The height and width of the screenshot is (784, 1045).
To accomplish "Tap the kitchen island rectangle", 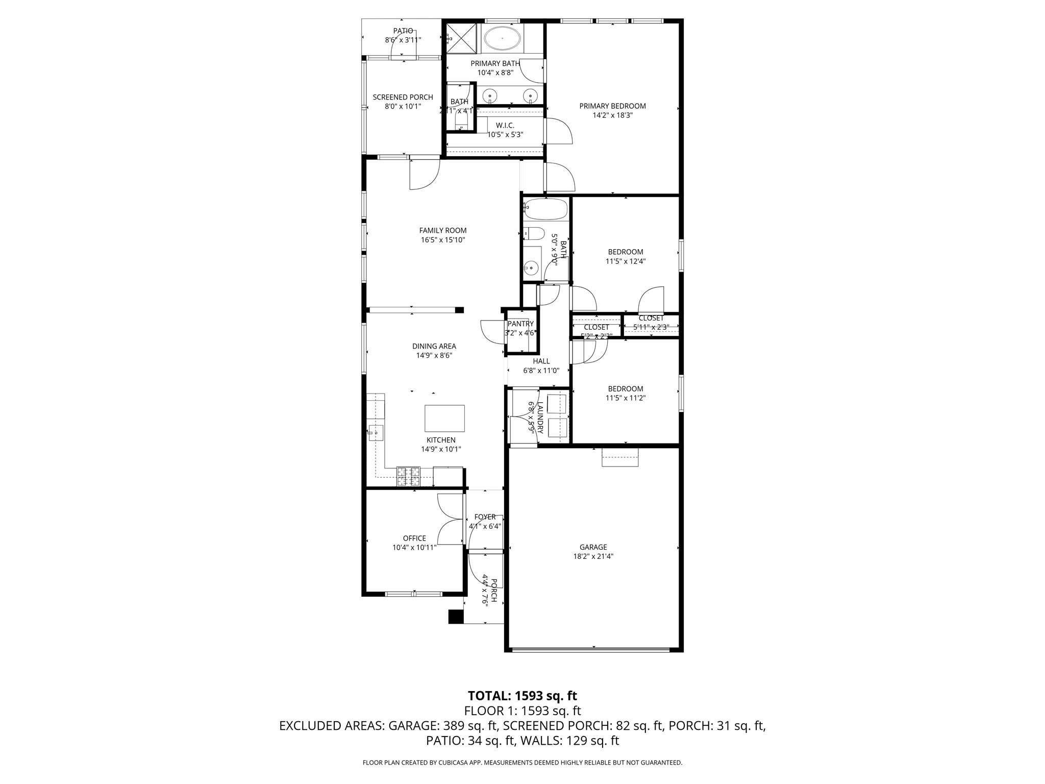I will (x=444, y=418).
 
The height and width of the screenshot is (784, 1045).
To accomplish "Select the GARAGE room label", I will (x=593, y=547).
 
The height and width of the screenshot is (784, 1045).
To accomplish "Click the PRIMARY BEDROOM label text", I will (x=612, y=106).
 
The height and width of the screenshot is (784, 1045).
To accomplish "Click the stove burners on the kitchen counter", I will (x=408, y=476).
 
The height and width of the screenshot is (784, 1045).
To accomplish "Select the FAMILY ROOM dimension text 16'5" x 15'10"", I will (x=442, y=240).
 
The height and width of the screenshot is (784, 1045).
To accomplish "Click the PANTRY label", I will (x=520, y=324).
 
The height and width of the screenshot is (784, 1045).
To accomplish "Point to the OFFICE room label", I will (x=414, y=538).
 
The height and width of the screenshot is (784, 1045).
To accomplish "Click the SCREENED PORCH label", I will (x=403, y=97).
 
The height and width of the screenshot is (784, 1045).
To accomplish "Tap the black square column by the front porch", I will (x=455, y=617).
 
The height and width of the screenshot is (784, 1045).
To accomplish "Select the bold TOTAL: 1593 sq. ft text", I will (x=522, y=696).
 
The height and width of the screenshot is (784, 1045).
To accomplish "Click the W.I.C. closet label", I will (x=505, y=126).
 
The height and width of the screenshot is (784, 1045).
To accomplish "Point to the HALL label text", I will (x=541, y=361).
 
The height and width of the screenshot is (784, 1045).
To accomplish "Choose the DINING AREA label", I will (x=434, y=346).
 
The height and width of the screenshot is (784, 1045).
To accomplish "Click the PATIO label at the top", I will (x=403, y=31).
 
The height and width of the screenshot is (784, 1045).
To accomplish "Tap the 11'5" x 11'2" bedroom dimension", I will (x=625, y=398).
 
